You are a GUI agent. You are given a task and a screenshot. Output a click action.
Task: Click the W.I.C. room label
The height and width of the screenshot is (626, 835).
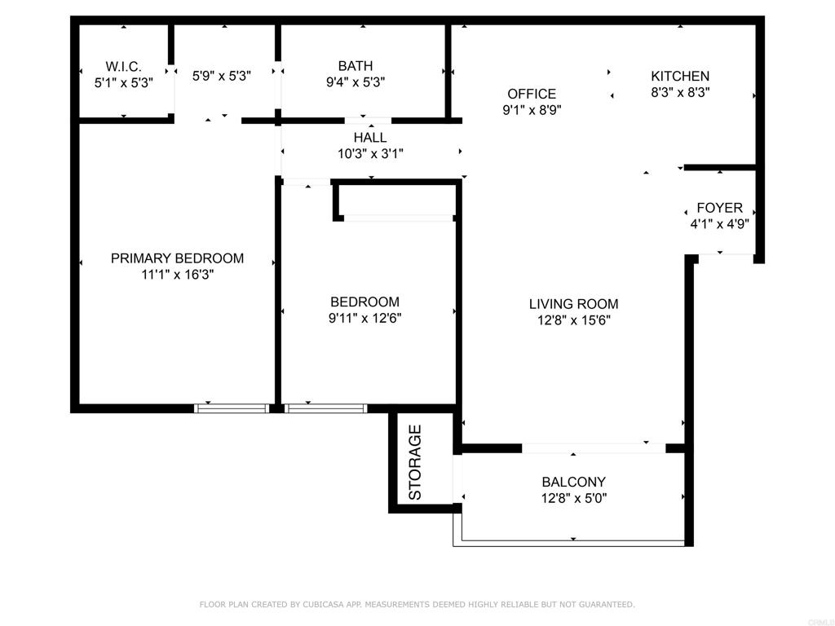124,67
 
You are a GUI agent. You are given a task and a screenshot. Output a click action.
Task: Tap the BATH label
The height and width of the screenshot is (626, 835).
356,66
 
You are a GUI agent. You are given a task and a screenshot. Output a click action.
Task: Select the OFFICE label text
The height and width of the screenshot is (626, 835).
532,95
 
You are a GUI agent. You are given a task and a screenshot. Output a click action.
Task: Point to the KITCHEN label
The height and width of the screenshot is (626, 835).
680,76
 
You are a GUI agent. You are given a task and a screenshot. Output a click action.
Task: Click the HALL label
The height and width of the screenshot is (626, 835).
370,138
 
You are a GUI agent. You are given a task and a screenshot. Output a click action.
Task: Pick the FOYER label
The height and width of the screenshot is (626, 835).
719,208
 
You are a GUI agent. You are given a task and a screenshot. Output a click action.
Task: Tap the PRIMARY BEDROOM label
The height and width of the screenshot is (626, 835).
177,258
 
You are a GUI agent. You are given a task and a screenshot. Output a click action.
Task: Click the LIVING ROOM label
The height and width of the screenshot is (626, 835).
573,304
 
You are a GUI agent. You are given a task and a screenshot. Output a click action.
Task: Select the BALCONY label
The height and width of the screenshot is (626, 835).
573,482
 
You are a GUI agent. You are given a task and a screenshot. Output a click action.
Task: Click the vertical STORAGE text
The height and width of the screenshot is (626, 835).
415,462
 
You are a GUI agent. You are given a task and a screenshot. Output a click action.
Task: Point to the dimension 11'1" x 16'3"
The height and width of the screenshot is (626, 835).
177,275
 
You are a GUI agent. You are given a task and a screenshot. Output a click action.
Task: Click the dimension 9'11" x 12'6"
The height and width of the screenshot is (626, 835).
364,319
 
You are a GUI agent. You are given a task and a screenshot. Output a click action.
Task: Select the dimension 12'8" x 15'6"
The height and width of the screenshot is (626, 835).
573,320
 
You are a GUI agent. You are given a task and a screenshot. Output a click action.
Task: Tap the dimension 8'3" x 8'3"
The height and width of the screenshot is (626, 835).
680,93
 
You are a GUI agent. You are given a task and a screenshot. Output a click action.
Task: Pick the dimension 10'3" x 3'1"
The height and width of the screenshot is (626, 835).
370,154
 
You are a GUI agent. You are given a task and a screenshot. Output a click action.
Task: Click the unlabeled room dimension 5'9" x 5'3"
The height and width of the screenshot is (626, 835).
221,76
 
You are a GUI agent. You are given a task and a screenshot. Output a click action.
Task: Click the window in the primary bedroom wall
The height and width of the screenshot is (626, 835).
232,408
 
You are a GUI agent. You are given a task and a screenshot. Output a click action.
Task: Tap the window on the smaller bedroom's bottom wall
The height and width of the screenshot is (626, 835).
325,408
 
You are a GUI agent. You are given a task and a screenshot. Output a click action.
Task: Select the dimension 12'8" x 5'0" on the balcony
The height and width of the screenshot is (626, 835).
574,498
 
